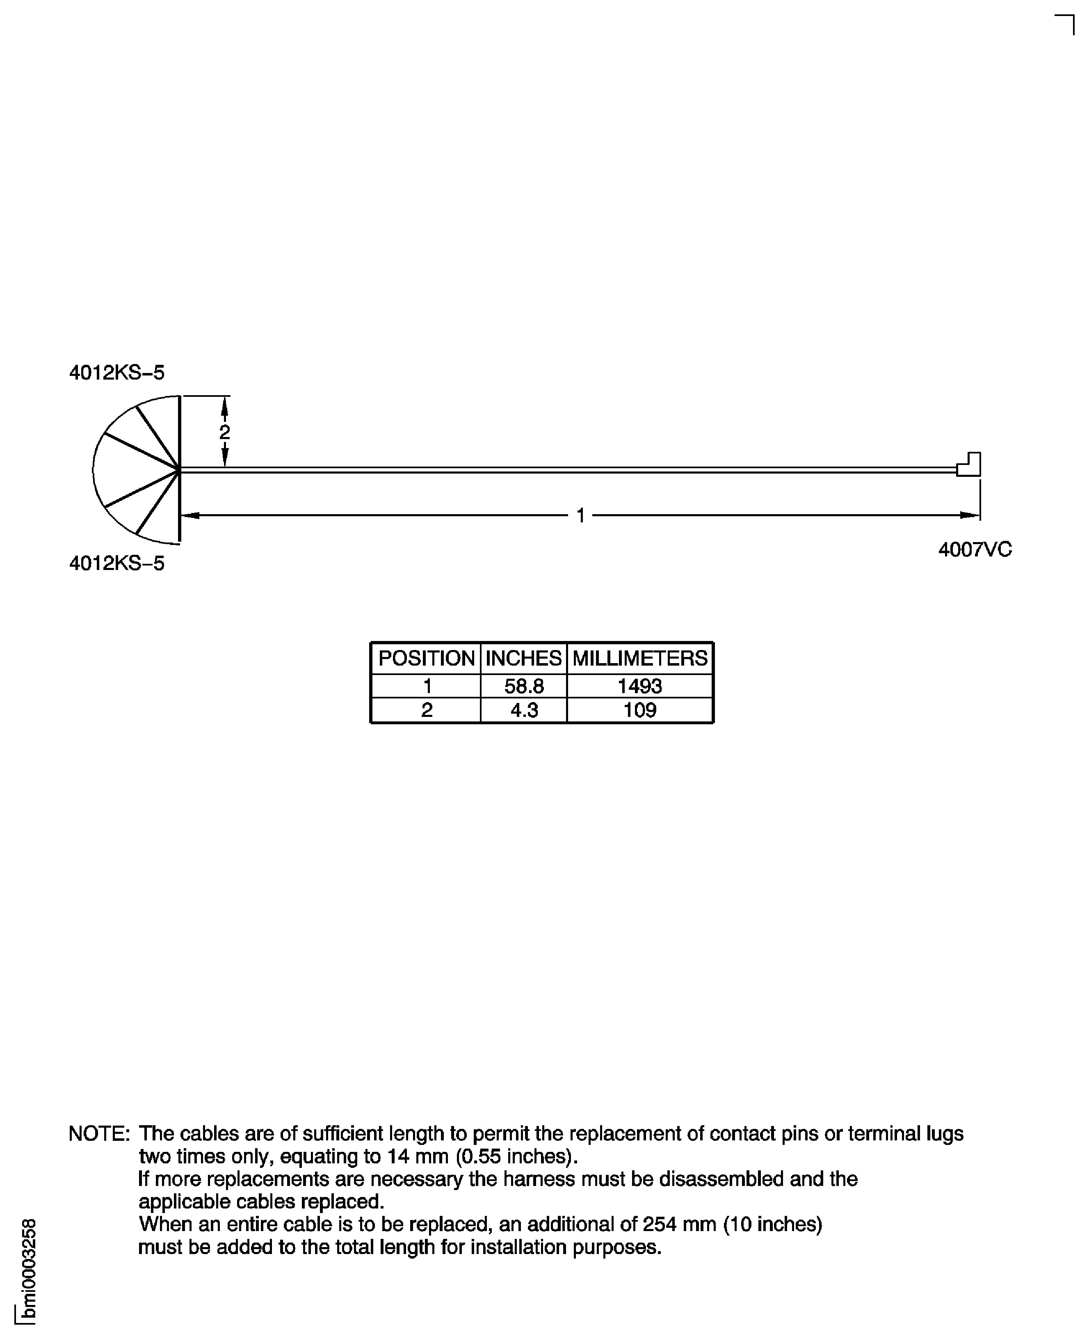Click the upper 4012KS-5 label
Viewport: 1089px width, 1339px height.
116,373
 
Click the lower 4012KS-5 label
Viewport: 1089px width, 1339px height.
116,563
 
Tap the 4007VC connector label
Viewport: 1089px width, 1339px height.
974,549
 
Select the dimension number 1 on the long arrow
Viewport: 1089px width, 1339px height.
580,516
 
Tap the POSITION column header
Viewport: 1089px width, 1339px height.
426,658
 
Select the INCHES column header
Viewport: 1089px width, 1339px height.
523,658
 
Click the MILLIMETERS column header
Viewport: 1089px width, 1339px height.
640,658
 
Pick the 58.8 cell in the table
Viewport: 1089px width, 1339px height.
524,686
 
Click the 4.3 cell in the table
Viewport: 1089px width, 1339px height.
524,710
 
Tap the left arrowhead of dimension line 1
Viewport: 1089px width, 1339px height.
190,516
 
